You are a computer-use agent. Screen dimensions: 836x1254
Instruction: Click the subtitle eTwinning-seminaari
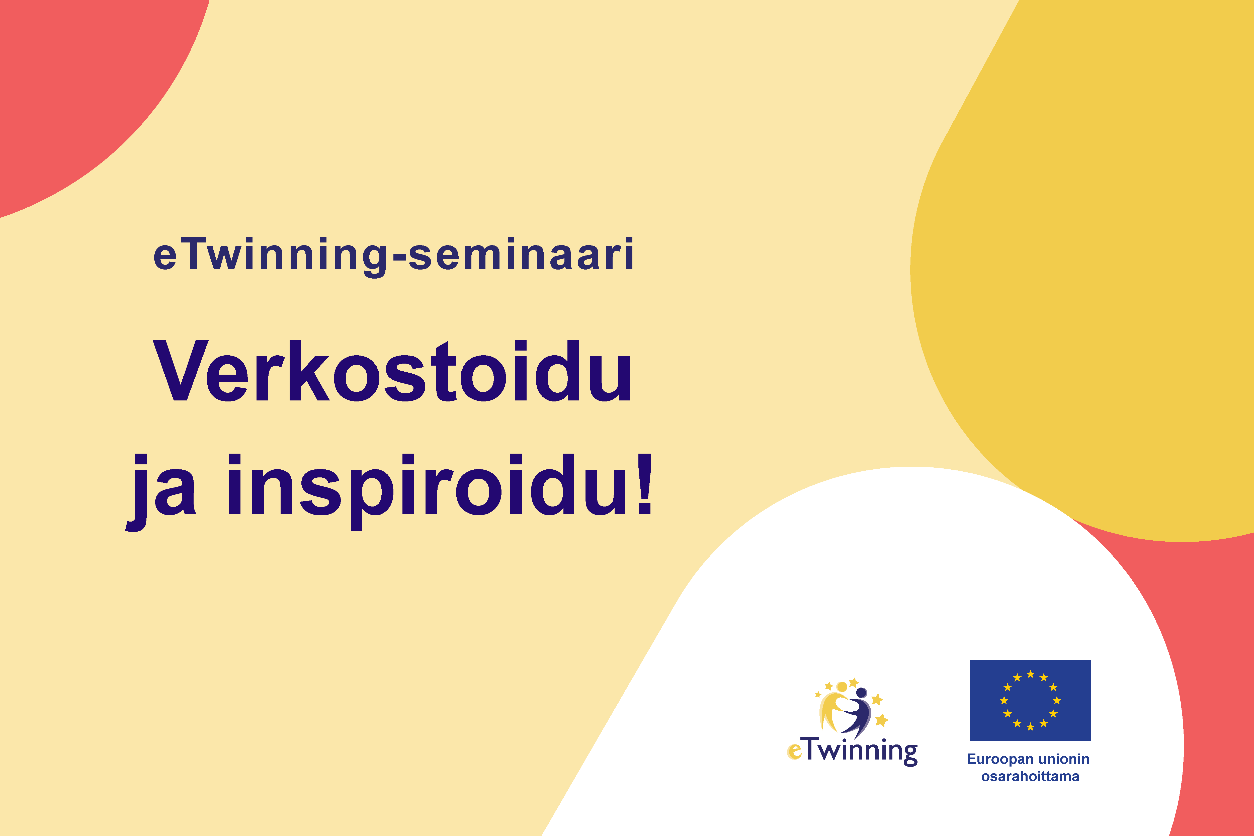393,255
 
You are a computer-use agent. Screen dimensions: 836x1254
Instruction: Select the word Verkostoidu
392,371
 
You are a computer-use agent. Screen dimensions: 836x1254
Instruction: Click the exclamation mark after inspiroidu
644,484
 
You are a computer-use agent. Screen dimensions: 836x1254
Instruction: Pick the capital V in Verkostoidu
180,371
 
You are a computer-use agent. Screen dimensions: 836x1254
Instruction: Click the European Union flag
1030,700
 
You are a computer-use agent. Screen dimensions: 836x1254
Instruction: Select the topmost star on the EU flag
1030,674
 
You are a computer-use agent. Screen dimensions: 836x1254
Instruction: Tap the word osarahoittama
1030,776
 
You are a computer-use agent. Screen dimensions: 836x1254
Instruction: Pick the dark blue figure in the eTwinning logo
858,714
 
